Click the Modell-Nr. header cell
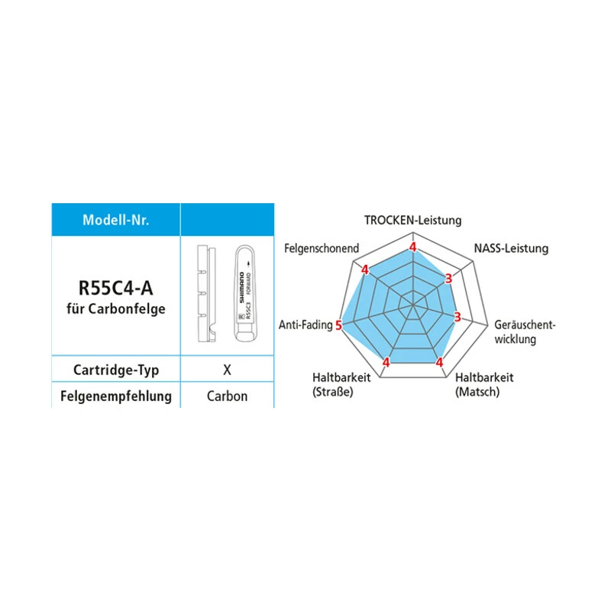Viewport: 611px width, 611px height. pos(116,220)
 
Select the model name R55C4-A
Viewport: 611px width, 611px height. pos(116,289)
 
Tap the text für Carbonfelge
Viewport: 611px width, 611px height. pos(116,309)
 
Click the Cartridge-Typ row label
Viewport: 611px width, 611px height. pos(116,370)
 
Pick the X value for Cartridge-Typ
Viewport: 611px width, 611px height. pos(227,370)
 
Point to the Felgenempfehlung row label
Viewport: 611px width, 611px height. pos(116,396)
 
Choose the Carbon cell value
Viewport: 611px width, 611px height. pos(227,396)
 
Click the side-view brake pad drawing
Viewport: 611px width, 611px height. pos(206,294)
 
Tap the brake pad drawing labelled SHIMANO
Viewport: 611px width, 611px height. pos(244,294)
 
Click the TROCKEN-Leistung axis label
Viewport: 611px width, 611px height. pos(412,221)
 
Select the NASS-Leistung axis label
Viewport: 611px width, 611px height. pos(511,249)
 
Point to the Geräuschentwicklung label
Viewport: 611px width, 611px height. pos(525,332)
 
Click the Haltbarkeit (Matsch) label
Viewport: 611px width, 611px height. pos(484,385)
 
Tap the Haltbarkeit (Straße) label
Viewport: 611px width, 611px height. pos(341,385)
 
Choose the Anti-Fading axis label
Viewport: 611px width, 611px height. pos(305,325)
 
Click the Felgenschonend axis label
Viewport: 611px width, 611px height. pos(322,249)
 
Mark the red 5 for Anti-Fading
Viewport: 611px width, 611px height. pos(338,325)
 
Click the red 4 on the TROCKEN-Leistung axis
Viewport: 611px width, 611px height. pos(412,247)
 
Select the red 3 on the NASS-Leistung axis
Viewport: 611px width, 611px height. pos(448,279)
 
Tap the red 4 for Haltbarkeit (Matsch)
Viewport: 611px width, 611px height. pos(440,362)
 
